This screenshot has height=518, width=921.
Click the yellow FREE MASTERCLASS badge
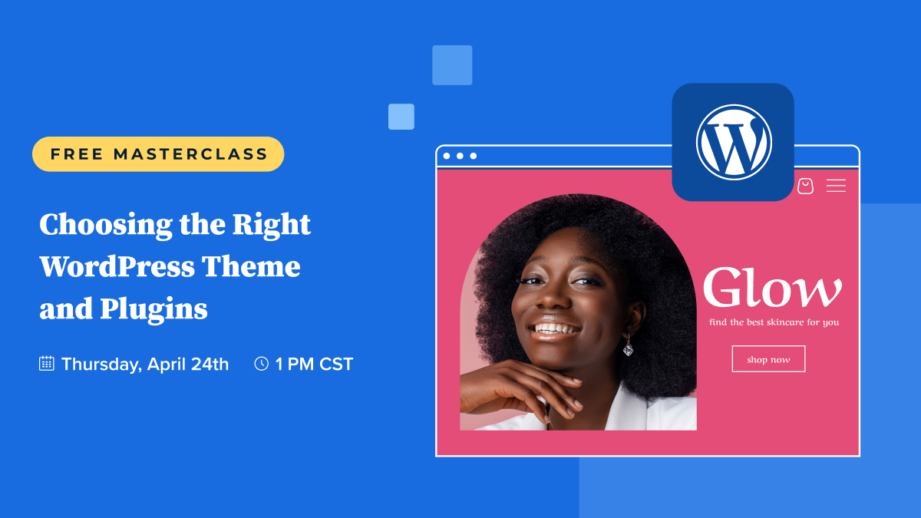[x=158, y=154]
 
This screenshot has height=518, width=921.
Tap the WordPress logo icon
[x=733, y=142]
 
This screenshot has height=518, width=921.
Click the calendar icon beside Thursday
[x=47, y=364]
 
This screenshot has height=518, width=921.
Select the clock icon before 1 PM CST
[x=261, y=364]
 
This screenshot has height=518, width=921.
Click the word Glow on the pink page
[x=771, y=289]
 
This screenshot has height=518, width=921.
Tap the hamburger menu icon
[x=836, y=186]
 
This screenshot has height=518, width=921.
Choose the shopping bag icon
[x=805, y=186]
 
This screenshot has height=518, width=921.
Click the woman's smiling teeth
[x=557, y=330]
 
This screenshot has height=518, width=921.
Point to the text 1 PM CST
[x=314, y=364]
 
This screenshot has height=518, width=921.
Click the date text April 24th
[x=188, y=364]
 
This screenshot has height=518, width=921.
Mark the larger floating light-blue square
[x=452, y=65]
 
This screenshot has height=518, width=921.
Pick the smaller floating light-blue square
[x=401, y=117]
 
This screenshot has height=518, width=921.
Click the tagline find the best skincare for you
[x=774, y=322]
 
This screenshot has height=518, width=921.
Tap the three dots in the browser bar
[x=460, y=156]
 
